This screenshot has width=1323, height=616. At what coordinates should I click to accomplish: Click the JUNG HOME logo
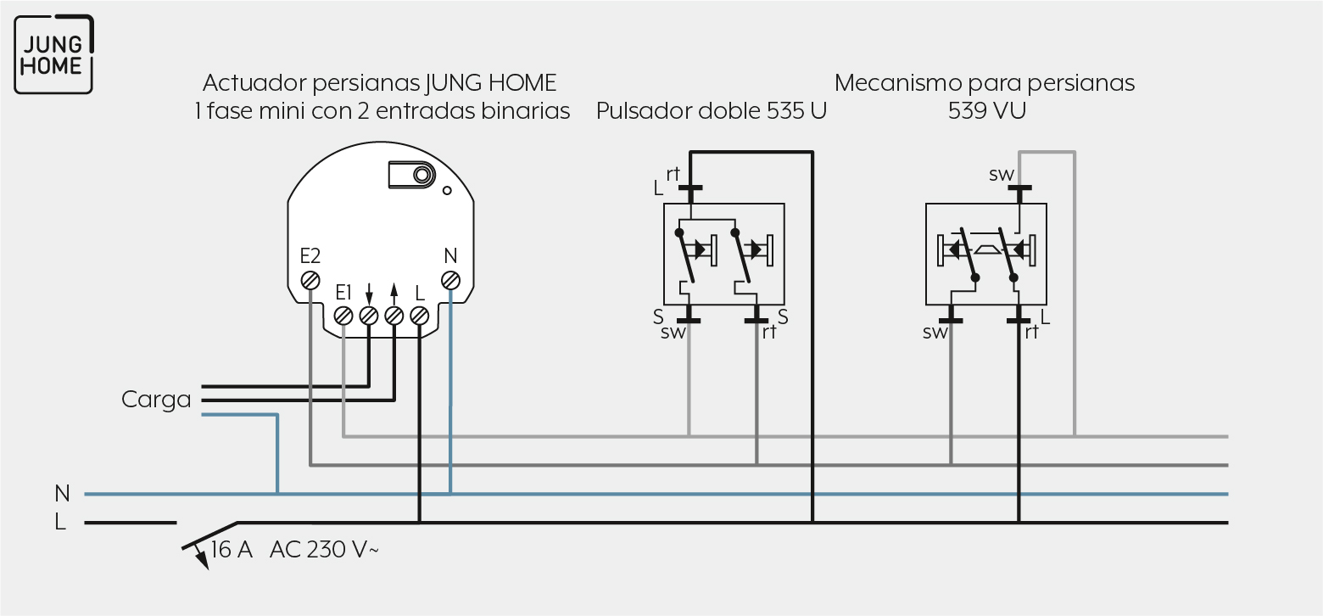[x=53, y=54]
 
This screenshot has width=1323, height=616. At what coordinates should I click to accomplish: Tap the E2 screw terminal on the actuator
[x=310, y=280]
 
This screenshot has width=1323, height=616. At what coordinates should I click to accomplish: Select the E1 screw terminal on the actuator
[x=343, y=316]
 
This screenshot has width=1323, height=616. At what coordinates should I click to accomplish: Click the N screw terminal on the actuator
[x=450, y=280]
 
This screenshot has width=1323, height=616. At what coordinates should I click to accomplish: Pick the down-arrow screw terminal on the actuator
[x=369, y=316]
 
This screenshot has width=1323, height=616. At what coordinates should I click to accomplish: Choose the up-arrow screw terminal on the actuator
[x=394, y=316]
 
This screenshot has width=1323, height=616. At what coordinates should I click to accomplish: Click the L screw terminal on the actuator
[x=419, y=316]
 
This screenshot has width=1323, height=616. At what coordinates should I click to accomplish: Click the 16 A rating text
[x=232, y=550]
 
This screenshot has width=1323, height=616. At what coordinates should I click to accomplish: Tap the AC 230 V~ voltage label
[x=324, y=550]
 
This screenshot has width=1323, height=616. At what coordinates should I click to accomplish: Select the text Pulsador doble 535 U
[x=711, y=111]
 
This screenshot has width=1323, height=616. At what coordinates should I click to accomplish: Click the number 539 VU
[x=987, y=110]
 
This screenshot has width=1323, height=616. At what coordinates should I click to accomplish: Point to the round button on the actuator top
[x=422, y=175]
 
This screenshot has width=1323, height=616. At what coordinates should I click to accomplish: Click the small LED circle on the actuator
[x=447, y=190]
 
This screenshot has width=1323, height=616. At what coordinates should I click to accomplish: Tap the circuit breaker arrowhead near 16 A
[x=203, y=559]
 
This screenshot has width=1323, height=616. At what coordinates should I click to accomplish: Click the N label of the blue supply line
[x=62, y=494]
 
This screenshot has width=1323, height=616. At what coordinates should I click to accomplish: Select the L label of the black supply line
[x=59, y=522]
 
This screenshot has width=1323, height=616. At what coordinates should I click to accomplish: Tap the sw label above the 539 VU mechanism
[x=1001, y=175]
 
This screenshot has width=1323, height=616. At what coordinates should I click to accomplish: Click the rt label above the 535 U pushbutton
[x=673, y=174]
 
